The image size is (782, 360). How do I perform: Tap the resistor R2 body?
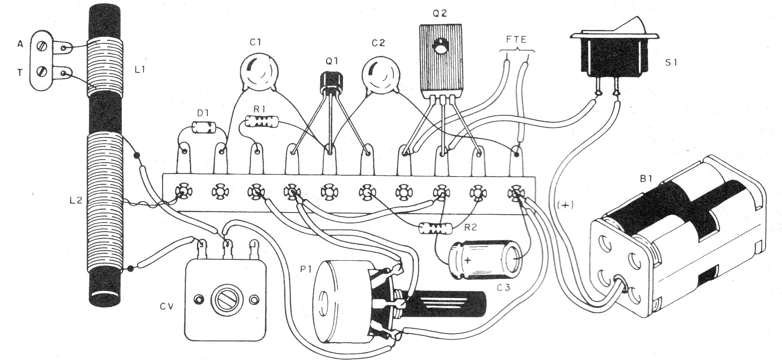pos(435,228)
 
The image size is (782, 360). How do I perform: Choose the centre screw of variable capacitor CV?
pos(226,299)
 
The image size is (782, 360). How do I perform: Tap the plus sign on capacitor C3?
pos(468,260)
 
